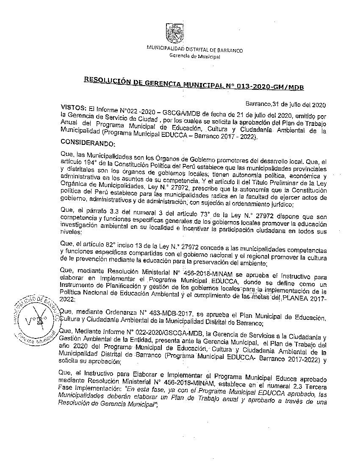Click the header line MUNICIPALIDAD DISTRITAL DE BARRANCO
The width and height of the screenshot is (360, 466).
tap(194, 50)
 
